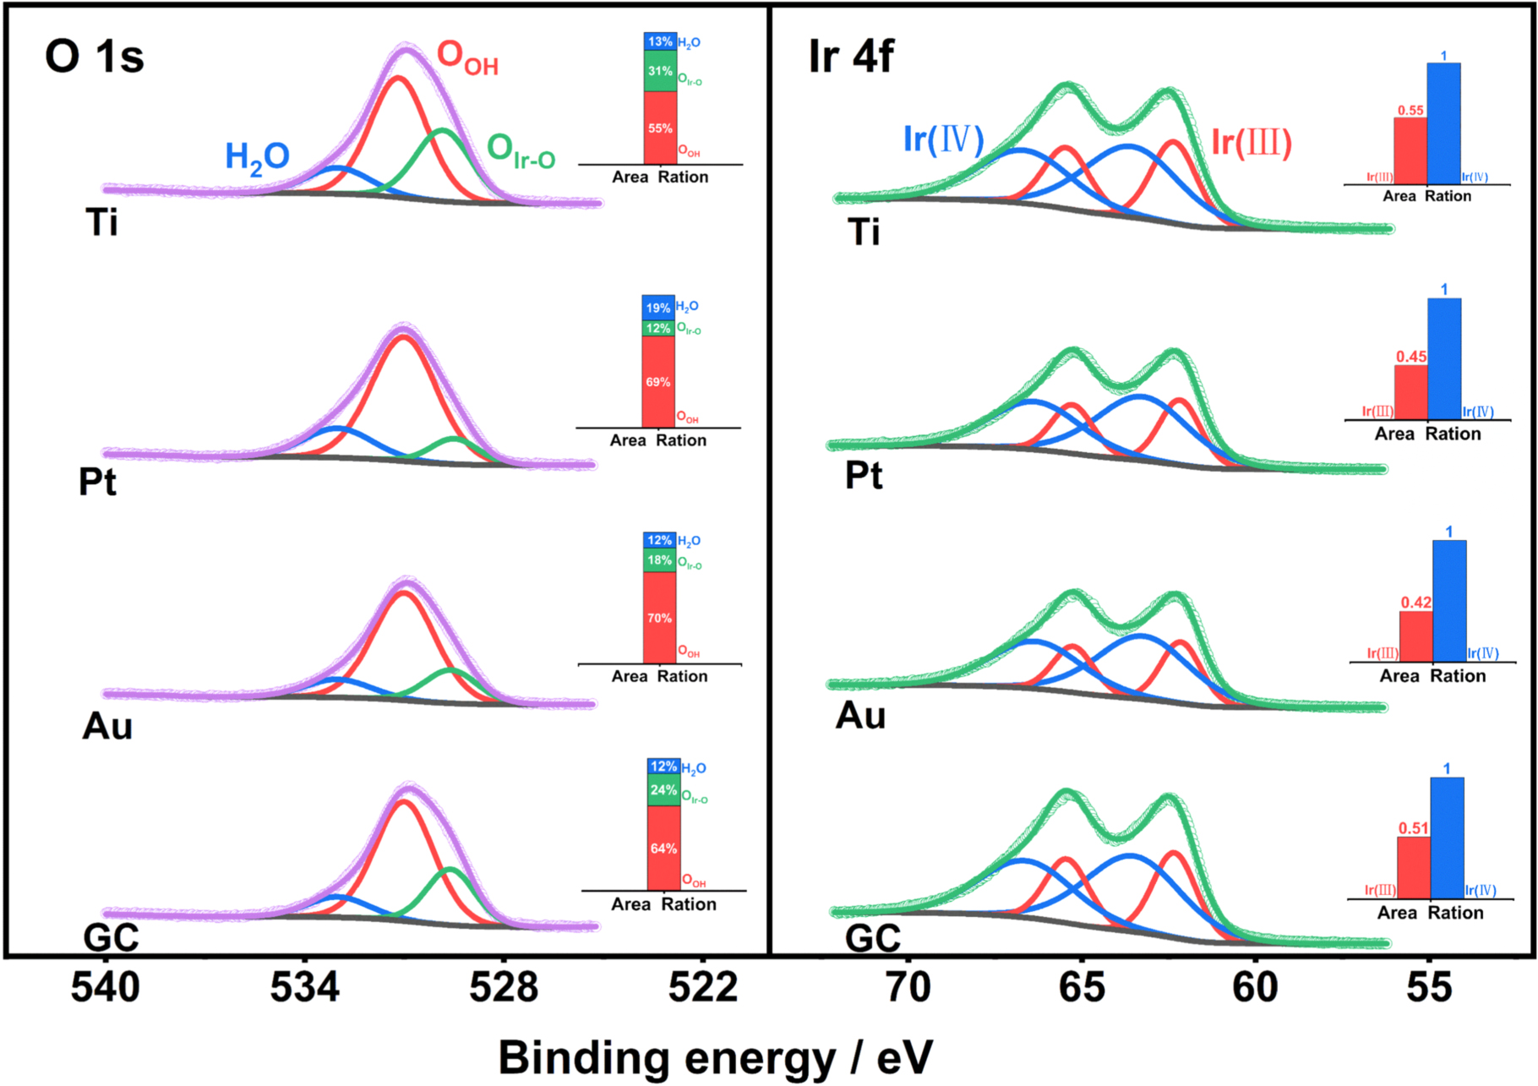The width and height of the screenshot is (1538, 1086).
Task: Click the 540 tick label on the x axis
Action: point(105,987)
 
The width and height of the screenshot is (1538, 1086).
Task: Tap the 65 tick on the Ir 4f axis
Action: point(1082,987)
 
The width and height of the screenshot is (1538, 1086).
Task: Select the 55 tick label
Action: point(1429,987)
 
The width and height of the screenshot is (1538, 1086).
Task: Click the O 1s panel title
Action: point(94,57)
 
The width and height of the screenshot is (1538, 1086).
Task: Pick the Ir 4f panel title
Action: point(850,57)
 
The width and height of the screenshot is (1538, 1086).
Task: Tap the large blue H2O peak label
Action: point(257,158)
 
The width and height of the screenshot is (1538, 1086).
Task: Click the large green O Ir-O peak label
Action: point(521,152)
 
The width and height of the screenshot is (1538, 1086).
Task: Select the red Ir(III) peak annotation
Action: point(1252,142)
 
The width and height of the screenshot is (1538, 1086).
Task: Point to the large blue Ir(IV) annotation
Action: point(943,139)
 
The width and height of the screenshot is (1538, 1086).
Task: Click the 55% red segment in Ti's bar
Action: point(660,128)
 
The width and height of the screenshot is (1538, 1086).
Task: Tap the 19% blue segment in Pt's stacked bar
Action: point(658,308)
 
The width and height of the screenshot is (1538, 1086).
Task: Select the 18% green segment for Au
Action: point(659,560)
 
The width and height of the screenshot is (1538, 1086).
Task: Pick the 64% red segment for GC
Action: point(663,849)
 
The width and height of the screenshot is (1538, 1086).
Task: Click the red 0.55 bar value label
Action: point(1410,110)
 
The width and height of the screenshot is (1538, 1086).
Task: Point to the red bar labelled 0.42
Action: point(1415,636)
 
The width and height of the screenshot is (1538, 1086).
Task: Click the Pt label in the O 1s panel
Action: point(97,482)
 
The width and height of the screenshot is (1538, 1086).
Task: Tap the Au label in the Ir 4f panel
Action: point(860,716)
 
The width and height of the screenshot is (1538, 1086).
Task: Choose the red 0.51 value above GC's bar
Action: point(1413,828)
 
